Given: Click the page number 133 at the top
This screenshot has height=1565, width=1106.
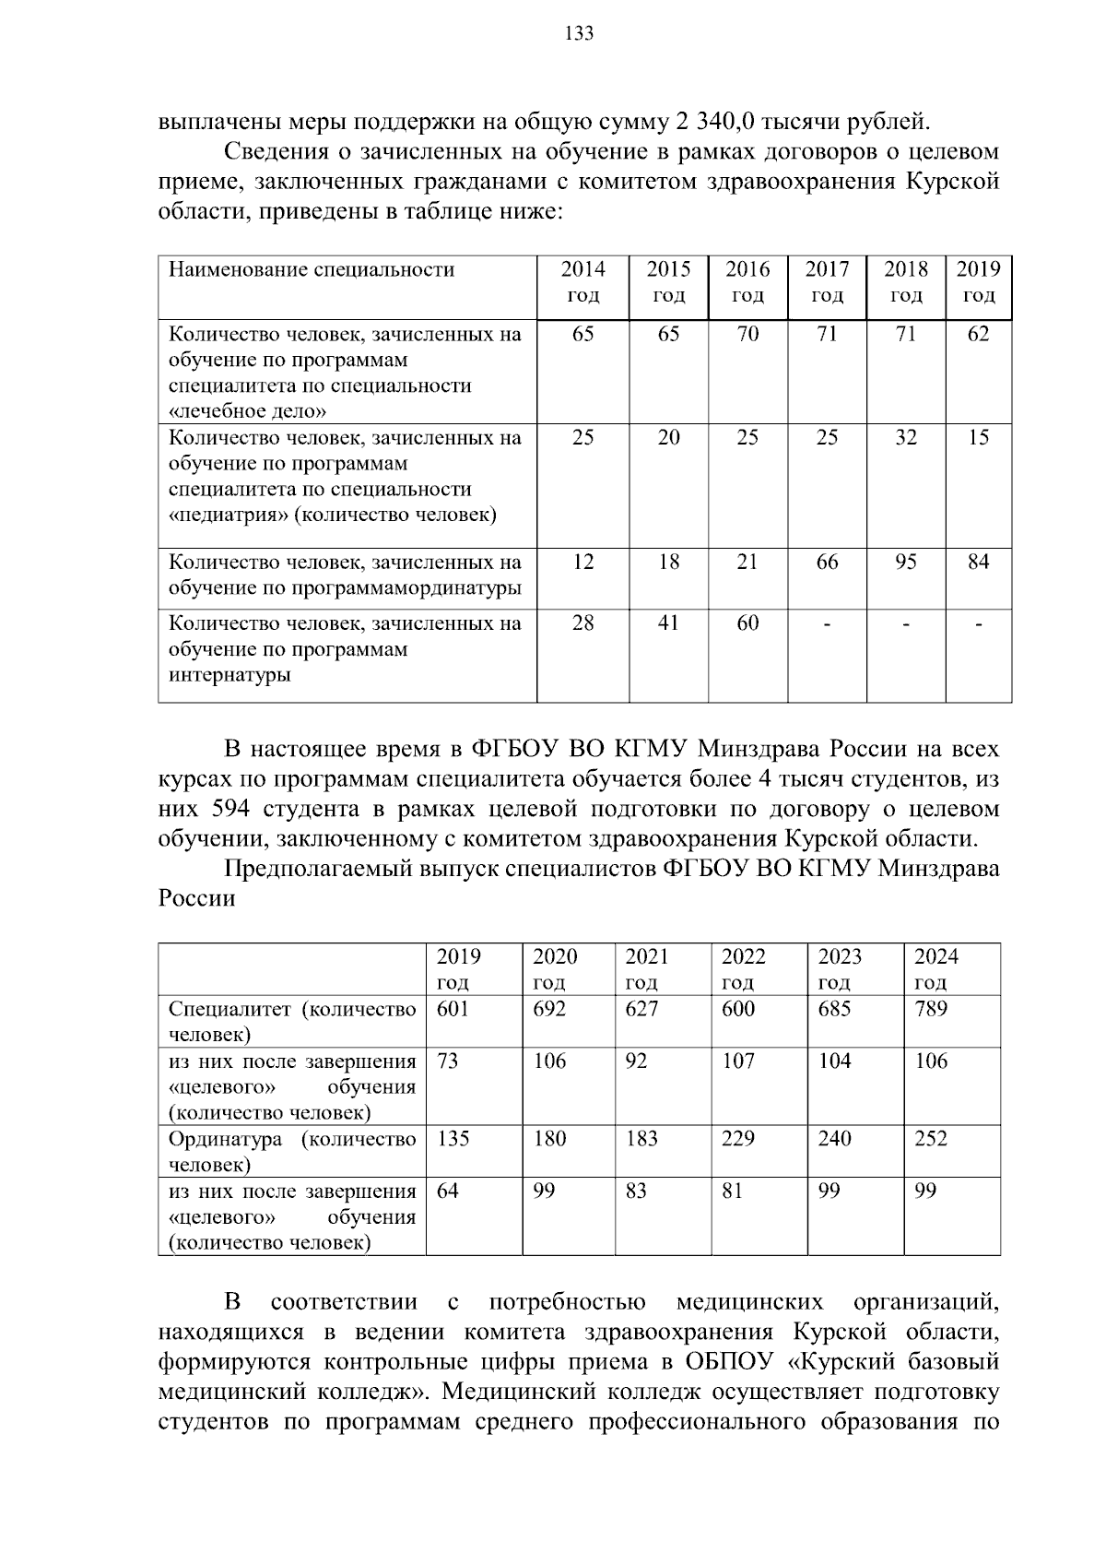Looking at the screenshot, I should (x=579, y=35).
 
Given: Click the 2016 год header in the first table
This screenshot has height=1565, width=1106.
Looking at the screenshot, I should (x=747, y=282).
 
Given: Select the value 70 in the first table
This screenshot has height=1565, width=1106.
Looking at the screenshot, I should (x=747, y=334).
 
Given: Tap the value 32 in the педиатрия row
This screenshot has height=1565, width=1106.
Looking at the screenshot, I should (x=906, y=437).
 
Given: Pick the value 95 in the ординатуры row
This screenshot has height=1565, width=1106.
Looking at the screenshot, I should (x=906, y=562).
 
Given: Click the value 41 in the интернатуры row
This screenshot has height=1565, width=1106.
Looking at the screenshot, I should (x=668, y=623).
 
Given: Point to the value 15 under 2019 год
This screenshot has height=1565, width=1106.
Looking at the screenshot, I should (x=978, y=437).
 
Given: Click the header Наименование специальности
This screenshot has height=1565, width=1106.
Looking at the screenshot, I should (x=312, y=269).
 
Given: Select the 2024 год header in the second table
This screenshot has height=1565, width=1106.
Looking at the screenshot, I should (x=935, y=968).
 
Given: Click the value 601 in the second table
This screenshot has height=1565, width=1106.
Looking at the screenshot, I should (x=453, y=1008).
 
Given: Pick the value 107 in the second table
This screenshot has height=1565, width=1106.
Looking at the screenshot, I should (x=737, y=1061).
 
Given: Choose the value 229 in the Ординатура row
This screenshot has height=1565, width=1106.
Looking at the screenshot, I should (x=737, y=1138).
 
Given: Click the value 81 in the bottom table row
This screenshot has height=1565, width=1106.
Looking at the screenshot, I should (x=732, y=1191).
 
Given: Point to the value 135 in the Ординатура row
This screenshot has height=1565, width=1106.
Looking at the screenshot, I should (x=453, y=1138).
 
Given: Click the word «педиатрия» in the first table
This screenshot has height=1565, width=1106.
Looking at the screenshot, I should (x=228, y=515).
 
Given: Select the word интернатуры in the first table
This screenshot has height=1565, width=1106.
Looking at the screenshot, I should (x=229, y=675).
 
